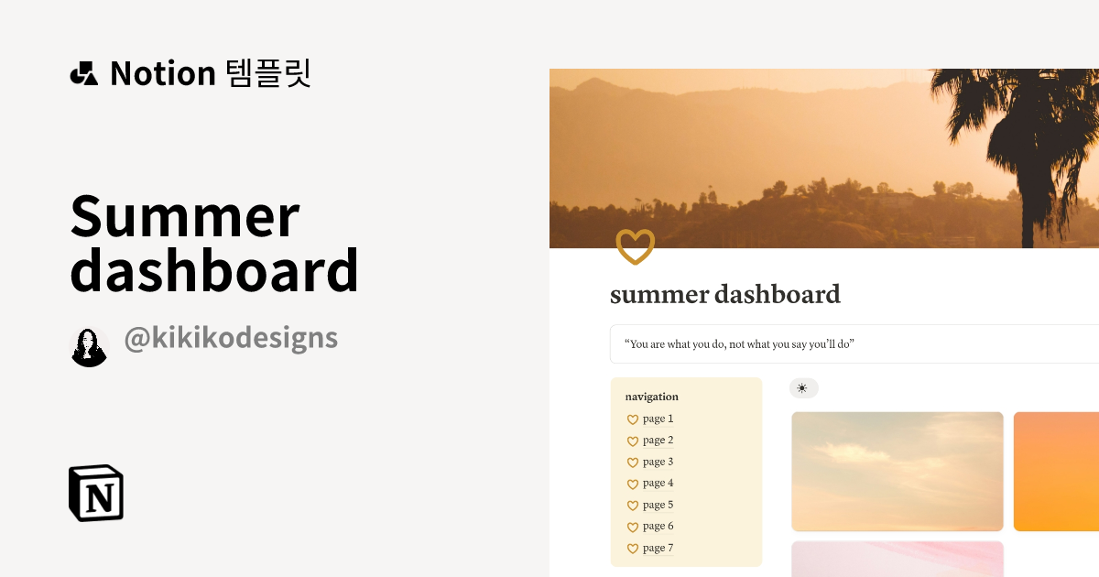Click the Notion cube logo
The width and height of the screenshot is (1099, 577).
click(96, 493)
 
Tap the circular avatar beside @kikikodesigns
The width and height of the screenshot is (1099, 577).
click(90, 347)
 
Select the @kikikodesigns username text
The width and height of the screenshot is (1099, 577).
click(231, 339)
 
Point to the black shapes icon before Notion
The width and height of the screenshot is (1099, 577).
click(83, 73)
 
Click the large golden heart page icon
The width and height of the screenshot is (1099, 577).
click(635, 246)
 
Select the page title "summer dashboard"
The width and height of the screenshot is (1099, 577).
click(724, 295)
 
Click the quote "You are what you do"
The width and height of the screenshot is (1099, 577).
click(739, 344)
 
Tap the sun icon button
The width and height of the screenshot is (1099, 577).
click(803, 388)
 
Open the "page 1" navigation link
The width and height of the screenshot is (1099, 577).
click(658, 419)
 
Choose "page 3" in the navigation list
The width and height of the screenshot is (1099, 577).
click(658, 462)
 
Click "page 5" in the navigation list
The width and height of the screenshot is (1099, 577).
click(658, 505)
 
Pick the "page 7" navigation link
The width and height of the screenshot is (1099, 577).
click(658, 548)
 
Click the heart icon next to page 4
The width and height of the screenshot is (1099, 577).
click(632, 484)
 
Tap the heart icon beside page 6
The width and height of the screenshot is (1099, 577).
click(632, 527)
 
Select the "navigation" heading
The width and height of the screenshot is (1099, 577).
click(652, 397)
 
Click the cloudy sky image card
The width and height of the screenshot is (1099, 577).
click(897, 471)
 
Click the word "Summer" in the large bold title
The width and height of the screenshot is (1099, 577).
click(185, 216)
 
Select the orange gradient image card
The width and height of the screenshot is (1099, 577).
click(1056, 471)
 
